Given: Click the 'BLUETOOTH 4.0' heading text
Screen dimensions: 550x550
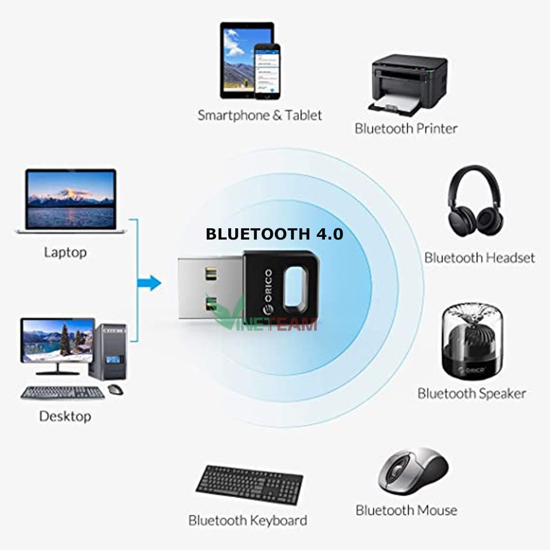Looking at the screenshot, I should click(x=274, y=234).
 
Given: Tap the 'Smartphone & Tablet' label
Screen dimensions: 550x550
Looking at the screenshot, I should click(x=260, y=115).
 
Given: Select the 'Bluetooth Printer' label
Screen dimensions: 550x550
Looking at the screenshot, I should click(x=406, y=128).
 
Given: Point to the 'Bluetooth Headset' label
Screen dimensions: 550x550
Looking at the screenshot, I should click(x=480, y=257).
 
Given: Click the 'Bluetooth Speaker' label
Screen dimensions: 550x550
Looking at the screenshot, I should click(x=472, y=393).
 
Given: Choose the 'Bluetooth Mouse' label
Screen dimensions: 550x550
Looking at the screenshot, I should click(x=406, y=510).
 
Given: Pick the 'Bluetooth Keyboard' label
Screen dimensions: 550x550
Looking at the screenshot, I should click(x=248, y=520).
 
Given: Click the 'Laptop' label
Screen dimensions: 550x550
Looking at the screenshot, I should click(x=65, y=252).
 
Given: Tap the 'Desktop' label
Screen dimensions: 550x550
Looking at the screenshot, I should click(x=65, y=416).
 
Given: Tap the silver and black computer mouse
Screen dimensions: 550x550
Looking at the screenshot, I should click(x=412, y=471).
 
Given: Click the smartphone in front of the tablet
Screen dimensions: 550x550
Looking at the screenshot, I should click(x=267, y=71).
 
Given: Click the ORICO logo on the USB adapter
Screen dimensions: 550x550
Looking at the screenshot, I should click(x=266, y=292).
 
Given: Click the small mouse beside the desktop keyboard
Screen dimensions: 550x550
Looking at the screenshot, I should click(x=115, y=389).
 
